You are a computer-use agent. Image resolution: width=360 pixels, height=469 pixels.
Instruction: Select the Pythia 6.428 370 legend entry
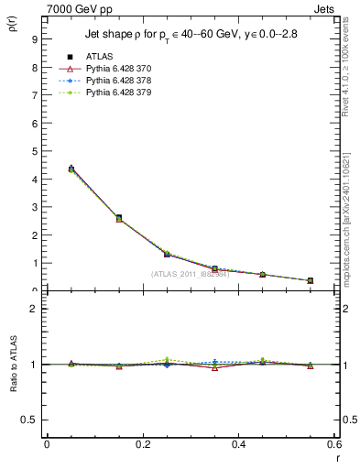click(x=112, y=69)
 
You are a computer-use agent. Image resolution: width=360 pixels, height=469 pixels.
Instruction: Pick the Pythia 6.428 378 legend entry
click(x=112, y=81)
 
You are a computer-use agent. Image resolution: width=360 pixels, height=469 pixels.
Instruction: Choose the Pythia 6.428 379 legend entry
click(x=112, y=93)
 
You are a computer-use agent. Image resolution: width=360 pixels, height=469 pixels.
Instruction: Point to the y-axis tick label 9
click(x=33, y=39)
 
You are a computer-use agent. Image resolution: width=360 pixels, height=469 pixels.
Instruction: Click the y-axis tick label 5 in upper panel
click(x=33, y=151)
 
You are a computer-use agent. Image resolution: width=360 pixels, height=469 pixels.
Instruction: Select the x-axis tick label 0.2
click(x=142, y=443)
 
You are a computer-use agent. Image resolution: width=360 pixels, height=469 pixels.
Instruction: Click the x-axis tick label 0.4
click(x=238, y=443)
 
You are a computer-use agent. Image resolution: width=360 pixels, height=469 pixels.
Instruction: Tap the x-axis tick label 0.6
click(x=333, y=443)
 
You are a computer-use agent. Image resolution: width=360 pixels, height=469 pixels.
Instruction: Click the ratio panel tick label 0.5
click(x=29, y=420)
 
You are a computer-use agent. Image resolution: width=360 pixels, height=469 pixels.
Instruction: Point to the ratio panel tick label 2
click(x=33, y=309)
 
